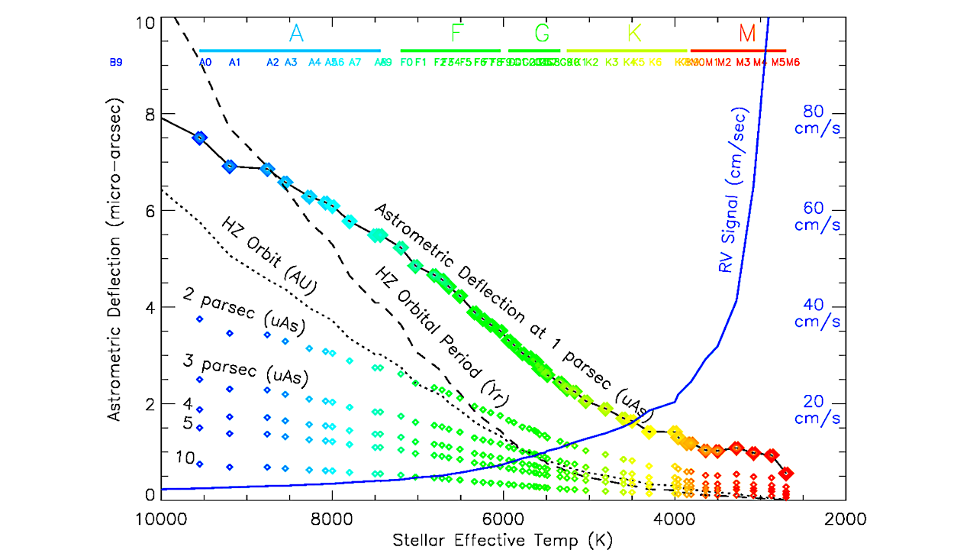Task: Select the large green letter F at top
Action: pos(457,34)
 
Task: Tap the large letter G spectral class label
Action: pos(541,34)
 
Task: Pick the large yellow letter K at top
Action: pos(634,34)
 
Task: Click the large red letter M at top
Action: pos(747,34)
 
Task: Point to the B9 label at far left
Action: pos(116,63)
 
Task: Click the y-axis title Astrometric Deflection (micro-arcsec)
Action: pos(114,259)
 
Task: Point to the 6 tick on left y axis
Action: pos(150,211)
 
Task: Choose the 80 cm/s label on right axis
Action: pos(817,119)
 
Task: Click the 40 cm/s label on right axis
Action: pos(817,313)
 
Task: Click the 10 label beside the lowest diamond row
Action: pos(184,458)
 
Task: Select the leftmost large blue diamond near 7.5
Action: pos(199,137)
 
